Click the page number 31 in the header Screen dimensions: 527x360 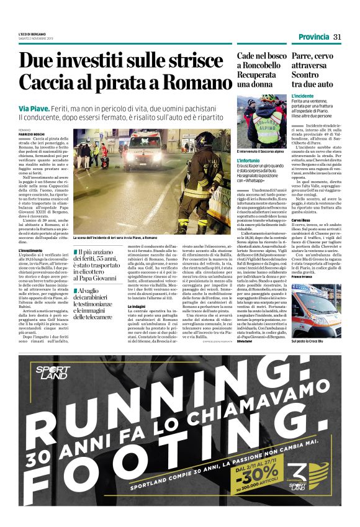tap(338, 37)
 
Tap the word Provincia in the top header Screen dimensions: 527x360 tap(313, 37)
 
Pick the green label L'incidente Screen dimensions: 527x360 tap(304, 96)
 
